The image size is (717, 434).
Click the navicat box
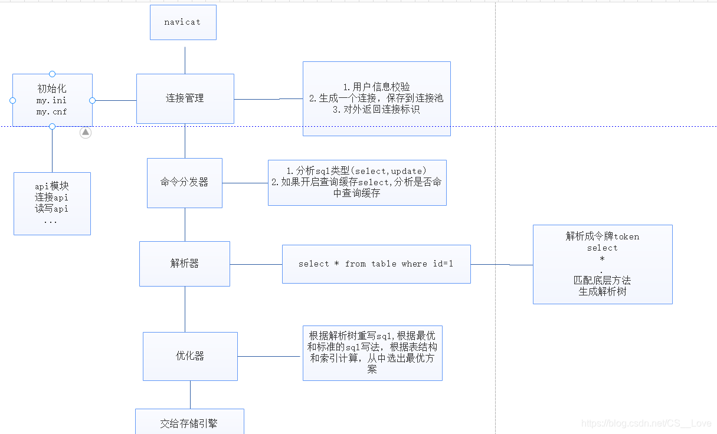pyautogui.click(x=183, y=22)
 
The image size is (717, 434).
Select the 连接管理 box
pyautogui.click(x=185, y=98)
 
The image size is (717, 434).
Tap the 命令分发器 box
pyautogui.click(x=184, y=183)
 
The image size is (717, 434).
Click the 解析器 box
pyautogui.click(x=184, y=264)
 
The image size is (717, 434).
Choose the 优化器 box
pyautogui.click(x=190, y=356)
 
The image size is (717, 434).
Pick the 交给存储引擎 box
pyautogui.click(x=189, y=423)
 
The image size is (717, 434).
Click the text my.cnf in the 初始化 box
pyautogui.click(x=52, y=111)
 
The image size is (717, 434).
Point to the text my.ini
pyautogui.click(x=52, y=101)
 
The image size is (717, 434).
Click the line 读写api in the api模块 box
pyautogui.click(x=52, y=209)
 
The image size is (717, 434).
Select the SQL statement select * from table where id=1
pyautogui.click(x=376, y=264)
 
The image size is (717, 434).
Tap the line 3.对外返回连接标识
pyautogui.click(x=376, y=110)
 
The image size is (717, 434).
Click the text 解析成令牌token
pyautogui.click(x=602, y=236)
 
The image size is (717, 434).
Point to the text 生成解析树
pyautogui.click(x=602, y=291)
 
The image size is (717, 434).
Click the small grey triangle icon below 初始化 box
pyautogui.click(x=86, y=133)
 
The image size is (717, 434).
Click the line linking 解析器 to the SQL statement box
pyautogui.click(x=256, y=264)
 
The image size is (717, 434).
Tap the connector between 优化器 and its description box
pyautogui.click(x=270, y=356)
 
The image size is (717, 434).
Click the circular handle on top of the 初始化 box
pyautogui.click(x=52, y=74)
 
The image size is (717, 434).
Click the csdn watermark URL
pyautogui.click(x=646, y=423)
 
